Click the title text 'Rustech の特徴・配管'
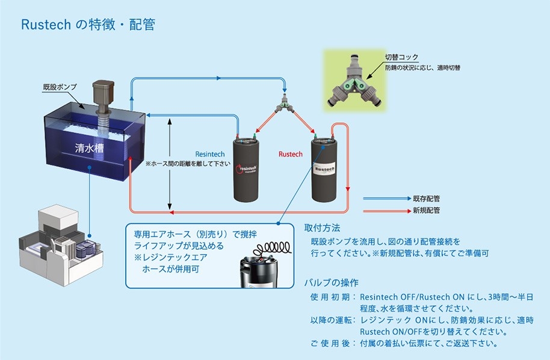pyautogui.click(x=88, y=25)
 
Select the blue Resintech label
pyautogui.click(x=210, y=154)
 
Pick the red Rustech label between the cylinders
pyautogui.click(x=291, y=154)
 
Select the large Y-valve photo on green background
pyautogui.click(x=357, y=84)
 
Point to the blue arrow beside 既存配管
pyautogui.click(x=385, y=197)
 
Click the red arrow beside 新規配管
pyautogui.click(x=385, y=211)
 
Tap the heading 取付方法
pyautogui.click(x=322, y=229)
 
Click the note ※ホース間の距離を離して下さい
pyautogui.click(x=188, y=163)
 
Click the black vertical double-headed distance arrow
pyautogui.click(x=171, y=163)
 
